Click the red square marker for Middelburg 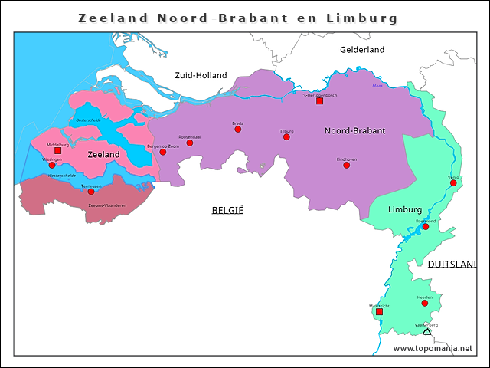pos(57,151)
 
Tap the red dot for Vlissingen pos(52,165)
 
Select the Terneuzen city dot pos(91,192)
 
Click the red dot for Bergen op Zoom pos(162,152)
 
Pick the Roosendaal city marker pos(190,143)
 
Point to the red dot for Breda pos(238,130)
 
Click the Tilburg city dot pos(287,137)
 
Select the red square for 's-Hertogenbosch pos(320,101)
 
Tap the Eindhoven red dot pos(346,165)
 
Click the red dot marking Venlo pos(453,182)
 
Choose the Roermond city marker pos(426,227)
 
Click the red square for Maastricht pos(379,312)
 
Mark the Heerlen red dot pos(425,303)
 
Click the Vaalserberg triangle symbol pos(426,331)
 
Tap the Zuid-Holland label pos(201,75)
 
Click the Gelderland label pos(361,50)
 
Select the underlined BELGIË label pos(227,209)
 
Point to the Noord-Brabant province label pos(354,131)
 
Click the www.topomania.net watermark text pos(433,348)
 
